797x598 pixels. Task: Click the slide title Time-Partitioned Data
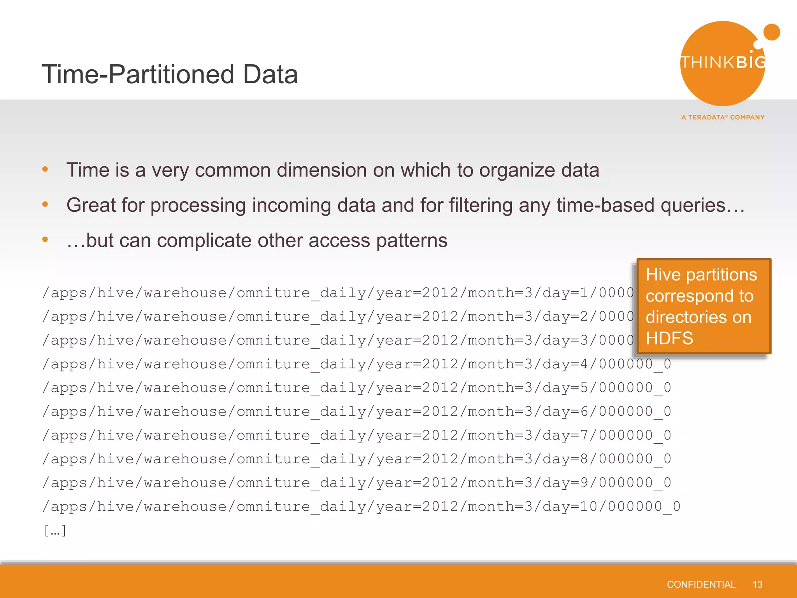point(170,74)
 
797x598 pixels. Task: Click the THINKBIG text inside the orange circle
point(723,62)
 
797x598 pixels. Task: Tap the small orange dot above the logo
point(771,32)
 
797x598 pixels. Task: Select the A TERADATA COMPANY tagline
point(723,117)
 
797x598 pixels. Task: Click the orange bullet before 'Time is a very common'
point(45,169)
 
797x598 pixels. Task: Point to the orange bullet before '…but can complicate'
point(45,239)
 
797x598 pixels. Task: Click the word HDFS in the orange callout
point(669,338)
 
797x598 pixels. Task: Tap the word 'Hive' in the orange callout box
point(663,274)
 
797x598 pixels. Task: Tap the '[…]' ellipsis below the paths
point(55,530)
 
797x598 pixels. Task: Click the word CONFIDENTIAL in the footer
point(701,584)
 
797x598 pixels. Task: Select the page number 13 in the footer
point(757,584)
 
